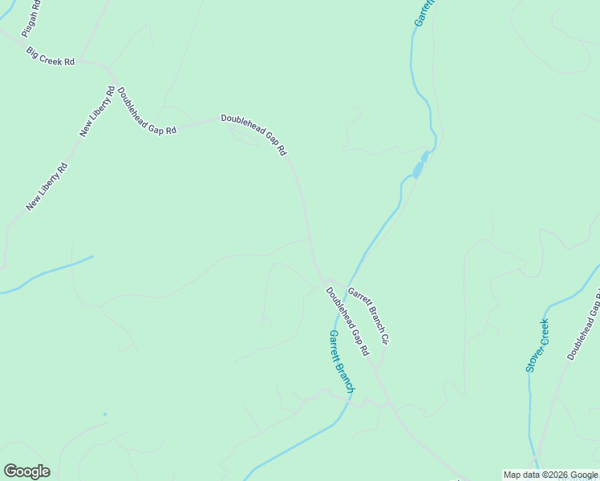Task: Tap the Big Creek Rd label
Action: click(x=50, y=56)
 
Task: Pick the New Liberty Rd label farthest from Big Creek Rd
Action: click(x=47, y=187)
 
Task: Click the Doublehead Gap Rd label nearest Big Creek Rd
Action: click(x=146, y=110)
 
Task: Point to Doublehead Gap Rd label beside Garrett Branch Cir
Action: click(x=347, y=321)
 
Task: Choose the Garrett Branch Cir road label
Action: click(x=368, y=316)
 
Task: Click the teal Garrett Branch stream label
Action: click(x=341, y=361)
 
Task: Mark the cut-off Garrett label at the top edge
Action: click(x=424, y=13)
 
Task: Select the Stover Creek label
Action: click(x=537, y=346)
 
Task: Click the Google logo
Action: click(x=26, y=471)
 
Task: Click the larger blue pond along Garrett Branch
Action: click(x=417, y=169)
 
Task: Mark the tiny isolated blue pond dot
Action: click(x=104, y=414)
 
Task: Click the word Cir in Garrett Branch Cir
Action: click(x=384, y=338)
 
